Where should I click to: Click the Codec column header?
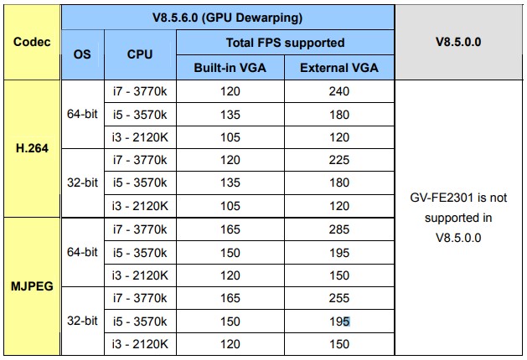point(32,42)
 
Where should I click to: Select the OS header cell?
point(82,54)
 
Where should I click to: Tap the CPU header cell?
point(140,54)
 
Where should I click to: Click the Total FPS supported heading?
point(285,43)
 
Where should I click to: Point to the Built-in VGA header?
point(230,68)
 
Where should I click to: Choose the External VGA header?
point(339,68)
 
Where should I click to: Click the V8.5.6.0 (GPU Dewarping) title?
point(228,18)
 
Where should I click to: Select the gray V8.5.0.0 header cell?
point(458,42)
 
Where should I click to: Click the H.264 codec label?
point(32,148)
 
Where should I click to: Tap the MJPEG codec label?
point(32,286)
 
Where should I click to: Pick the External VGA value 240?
point(339,91)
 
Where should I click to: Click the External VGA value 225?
point(339,160)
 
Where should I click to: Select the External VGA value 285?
point(339,229)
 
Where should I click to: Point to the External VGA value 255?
point(339,298)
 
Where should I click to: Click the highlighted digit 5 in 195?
point(347,321)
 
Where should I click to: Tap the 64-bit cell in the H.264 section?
point(82,114)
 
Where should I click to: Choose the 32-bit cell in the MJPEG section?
point(82,321)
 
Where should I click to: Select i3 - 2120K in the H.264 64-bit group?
point(140,137)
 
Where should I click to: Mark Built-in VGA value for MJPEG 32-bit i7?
point(230,298)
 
